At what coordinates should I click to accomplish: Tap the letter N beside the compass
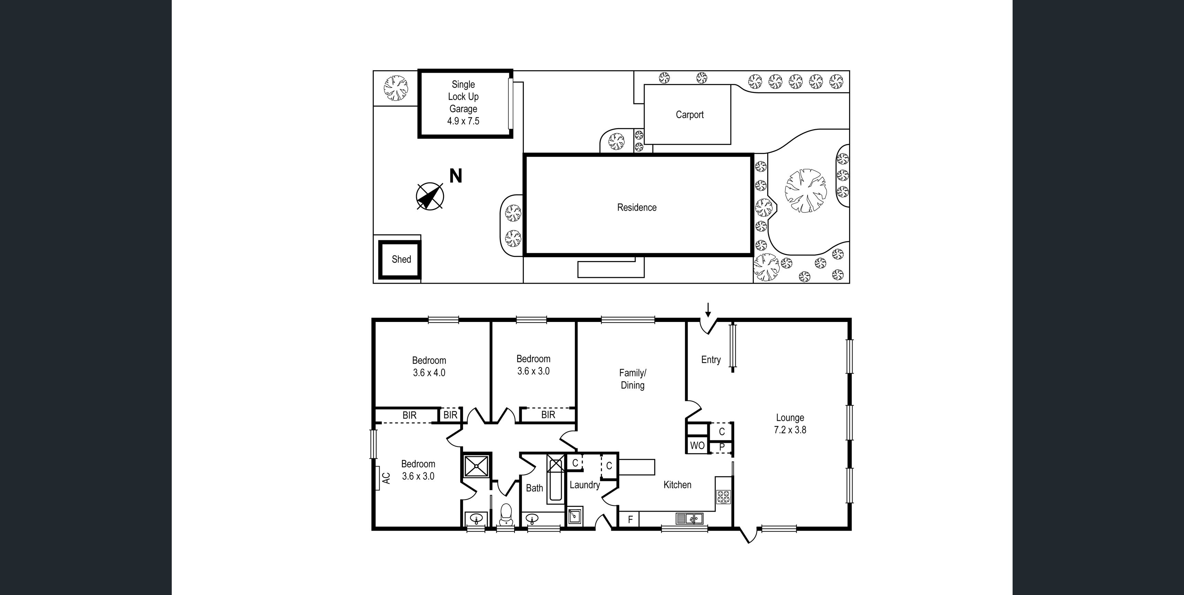[455, 176]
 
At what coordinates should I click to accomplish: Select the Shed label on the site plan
[401, 259]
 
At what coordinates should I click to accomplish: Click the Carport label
[689, 115]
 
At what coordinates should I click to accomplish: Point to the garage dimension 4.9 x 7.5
[463, 121]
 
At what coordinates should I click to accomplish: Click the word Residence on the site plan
[637, 207]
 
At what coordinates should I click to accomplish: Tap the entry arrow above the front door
[708, 310]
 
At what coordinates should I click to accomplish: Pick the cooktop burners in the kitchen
[723, 497]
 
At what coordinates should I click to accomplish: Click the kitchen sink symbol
[689, 519]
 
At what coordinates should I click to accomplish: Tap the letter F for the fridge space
[631, 520]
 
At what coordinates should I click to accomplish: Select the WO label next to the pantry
[697, 445]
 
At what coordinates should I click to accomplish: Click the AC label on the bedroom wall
[387, 478]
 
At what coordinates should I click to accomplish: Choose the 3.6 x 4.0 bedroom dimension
[429, 373]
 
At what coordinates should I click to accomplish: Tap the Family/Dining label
[633, 379]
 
